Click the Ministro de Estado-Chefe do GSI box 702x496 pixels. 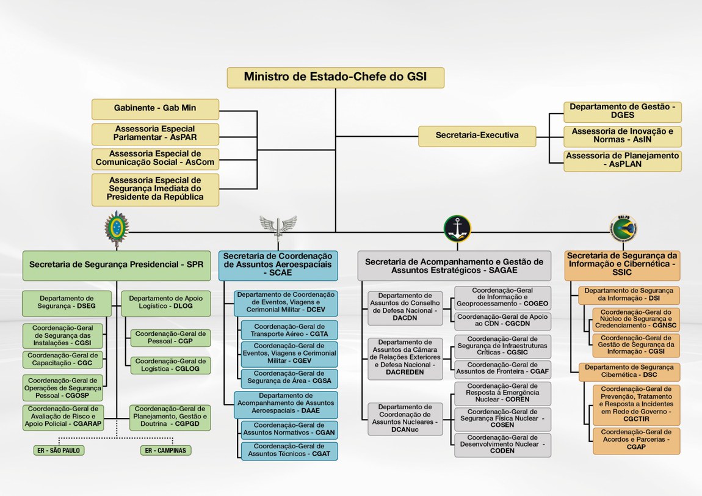click(x=335, y=78)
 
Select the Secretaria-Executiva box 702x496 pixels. click(x=477, y=136)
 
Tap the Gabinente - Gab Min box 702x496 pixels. click(x=155, y=109)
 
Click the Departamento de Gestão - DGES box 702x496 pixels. click(x=622, y=111)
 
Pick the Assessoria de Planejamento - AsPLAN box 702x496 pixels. click(x=622, y=161)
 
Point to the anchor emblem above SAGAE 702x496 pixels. click(x=457, y=228)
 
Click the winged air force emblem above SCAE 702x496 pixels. click(x=278, y=227)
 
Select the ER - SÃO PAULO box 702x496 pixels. click(x=59, y=451)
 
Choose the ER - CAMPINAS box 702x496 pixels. click(x=165, y=451)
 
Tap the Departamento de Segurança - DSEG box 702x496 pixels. click(x=67, y=303)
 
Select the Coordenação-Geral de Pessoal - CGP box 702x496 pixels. click(x=170, y=338)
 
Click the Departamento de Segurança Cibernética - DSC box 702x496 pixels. click(x=629, y=371)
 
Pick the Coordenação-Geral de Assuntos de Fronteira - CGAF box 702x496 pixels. click(x=502, y=369)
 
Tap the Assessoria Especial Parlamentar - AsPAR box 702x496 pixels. click(x=155, y=134)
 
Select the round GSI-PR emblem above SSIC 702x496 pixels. click(x=623, y=228)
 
